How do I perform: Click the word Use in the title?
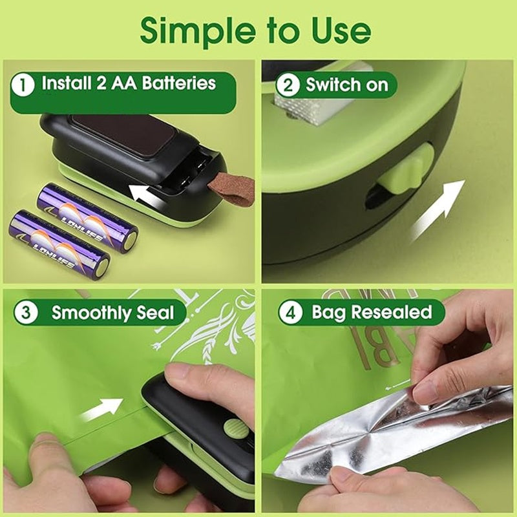coord(341,30)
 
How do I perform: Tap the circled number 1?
coord(24,84)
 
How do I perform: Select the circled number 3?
coord(26,313)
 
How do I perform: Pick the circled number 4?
coord(289,313)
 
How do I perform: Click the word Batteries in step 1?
coord(174,83)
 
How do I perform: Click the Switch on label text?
coord(347,85)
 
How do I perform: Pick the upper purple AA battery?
coord(87,217)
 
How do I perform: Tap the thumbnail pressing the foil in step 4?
coord(423,392)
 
